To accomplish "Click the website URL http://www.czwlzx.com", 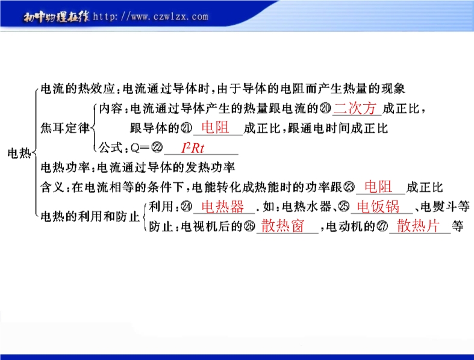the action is (151, 16).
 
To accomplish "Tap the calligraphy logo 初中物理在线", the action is (57, 17).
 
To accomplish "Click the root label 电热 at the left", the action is (19, 154).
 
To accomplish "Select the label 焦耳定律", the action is (65, 128).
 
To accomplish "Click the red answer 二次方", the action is (355, 108).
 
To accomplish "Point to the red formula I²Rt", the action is (193, 148).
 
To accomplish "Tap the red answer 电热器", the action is (223, 206).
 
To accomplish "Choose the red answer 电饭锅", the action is (378, 206).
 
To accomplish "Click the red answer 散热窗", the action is (282, 226).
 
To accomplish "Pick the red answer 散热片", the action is (418, 226).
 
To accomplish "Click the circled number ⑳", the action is (325, 108).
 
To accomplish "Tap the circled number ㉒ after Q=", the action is (157, 147).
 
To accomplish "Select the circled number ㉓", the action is (349, 187).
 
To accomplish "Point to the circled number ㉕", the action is (344, 206).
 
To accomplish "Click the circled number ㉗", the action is (382, 226).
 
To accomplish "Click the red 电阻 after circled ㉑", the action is (215, 127).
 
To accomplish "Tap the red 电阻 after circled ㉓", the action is (378, 187).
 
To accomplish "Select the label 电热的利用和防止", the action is (90, 217).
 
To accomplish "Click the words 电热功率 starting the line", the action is (64, 167).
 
